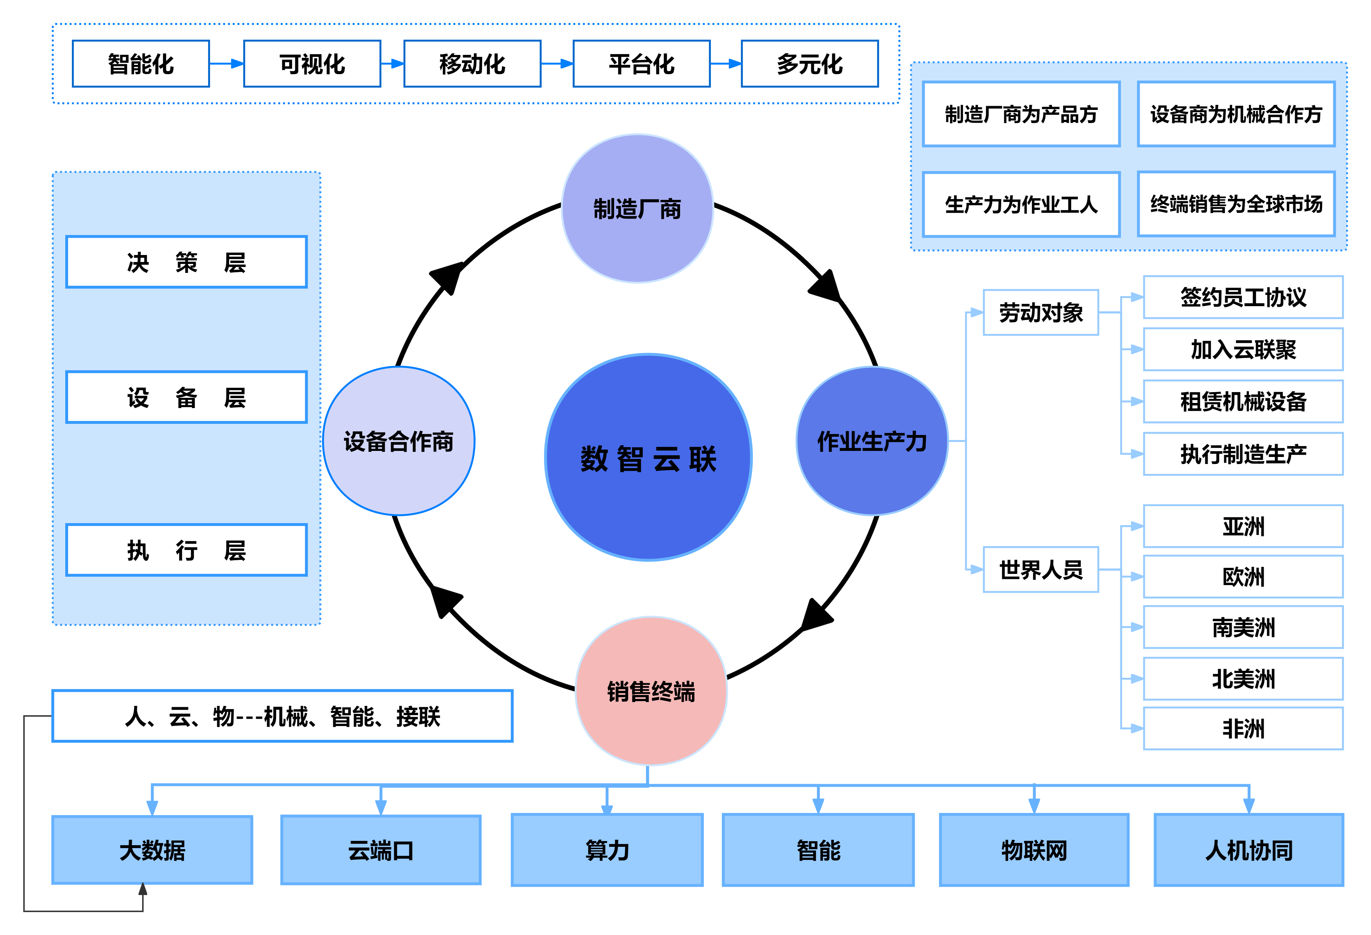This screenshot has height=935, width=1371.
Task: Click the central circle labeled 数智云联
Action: (x=648, y=458)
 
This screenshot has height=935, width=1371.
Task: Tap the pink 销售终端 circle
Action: (x=651, y=691)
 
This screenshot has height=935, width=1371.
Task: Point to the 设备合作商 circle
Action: (x=399, y=441)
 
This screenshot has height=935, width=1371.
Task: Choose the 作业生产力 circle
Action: (x=872, y=441)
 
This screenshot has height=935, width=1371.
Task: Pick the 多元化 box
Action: (x=809, y=64)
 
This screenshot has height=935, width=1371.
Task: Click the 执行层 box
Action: (x=186, y=550)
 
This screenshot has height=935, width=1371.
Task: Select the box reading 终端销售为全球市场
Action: (x=1236, y=204)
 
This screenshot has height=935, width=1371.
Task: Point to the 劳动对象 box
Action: (x=1041, y=313)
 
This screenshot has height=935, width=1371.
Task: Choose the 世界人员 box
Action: (x=1041, y=569)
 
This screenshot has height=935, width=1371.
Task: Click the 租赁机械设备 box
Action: (x=1243, y=401)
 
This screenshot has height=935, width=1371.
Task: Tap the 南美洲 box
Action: (x=1243, y=627)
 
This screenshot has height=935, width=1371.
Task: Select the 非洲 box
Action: (x=1243, y=729)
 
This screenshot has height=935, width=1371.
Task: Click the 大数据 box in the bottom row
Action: (x=152, y=850)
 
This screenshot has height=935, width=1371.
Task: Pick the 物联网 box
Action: (x=1034, y=850)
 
